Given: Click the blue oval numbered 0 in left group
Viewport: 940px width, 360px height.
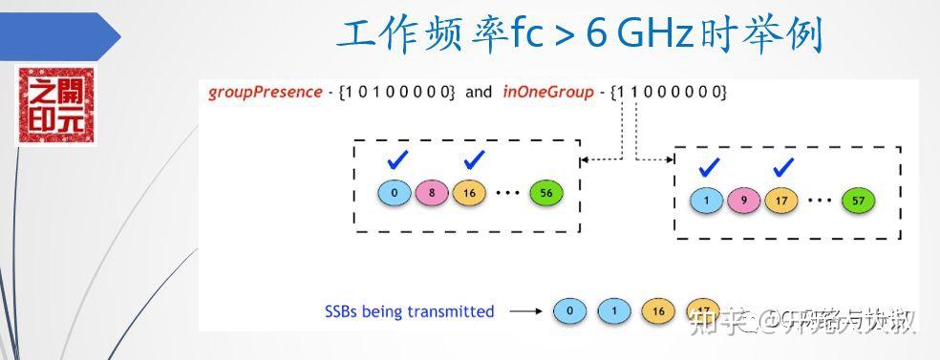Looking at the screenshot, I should (394, 193).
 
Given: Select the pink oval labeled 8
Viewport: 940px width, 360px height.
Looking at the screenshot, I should (432, 193).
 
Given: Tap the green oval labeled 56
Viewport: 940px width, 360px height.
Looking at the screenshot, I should (545, 193).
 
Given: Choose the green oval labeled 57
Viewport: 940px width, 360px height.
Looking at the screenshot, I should (859, 201).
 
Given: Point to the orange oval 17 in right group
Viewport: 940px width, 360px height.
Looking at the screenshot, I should (782, 201).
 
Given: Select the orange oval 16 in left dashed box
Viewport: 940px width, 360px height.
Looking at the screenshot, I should (469, 193).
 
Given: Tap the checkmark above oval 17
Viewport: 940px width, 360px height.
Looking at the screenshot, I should (783, 167).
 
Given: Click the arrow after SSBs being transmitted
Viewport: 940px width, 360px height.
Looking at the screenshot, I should (524, 311).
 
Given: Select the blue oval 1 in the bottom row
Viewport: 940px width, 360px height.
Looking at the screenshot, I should (614, 311).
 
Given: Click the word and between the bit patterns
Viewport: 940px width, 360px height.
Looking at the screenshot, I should (479, 93).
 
